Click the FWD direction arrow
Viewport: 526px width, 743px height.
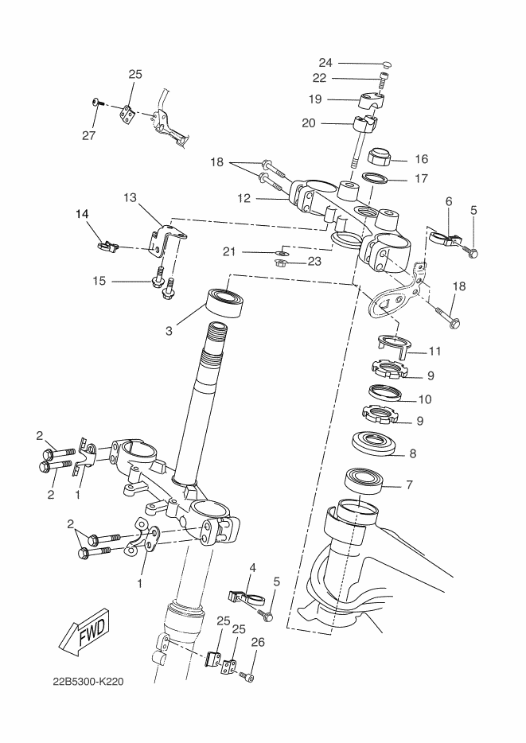[84, 630]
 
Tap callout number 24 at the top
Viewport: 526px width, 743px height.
[325, 63]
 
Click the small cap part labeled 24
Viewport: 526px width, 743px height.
[387, 64]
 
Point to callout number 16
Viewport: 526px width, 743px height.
[421, 159]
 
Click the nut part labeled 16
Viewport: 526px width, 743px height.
[380, 157]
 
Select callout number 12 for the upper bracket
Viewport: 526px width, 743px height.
[244, 199]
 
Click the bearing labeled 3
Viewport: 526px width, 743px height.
[225, 303]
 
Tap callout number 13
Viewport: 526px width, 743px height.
[130, 197]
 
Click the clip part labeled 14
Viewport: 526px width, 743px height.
[107, 245]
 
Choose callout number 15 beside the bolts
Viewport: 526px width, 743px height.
[99, 281]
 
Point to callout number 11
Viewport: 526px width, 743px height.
[434, 351]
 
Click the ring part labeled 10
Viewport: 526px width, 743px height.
[386, 393]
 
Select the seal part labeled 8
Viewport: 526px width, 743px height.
[376, 444]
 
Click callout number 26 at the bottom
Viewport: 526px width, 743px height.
[258, 642]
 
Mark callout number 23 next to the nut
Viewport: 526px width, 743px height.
[314, 261]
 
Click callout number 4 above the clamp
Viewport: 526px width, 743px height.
[252, 567]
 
